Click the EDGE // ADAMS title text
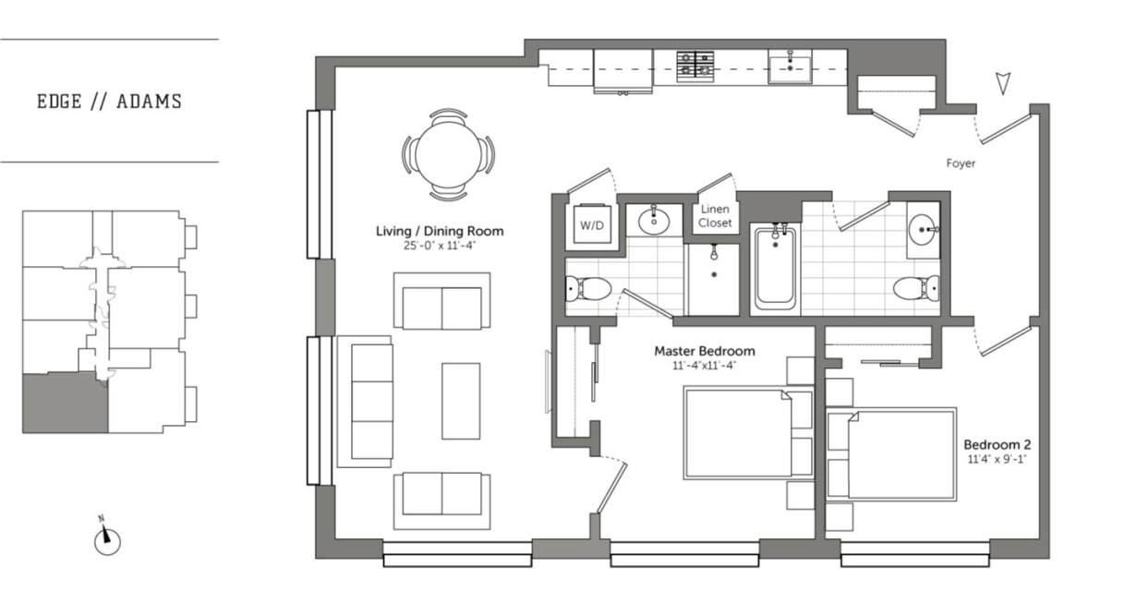(109, 102)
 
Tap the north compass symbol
(107, 540)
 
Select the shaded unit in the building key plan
(65, 403)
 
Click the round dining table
(448, 154)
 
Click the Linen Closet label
(715, 216)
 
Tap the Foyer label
(961, 163)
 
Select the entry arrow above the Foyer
(1004, 84)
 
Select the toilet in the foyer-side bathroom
(916, 288)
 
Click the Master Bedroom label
(704, 351)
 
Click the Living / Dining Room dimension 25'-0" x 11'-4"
(439, 246)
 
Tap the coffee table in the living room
(460, 401)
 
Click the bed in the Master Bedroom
(746, 433)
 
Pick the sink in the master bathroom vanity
(653, 221)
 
